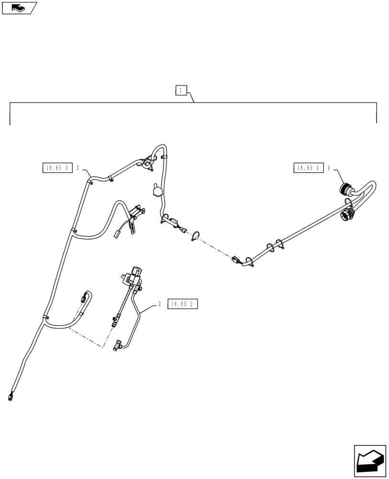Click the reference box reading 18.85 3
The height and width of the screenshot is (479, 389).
pyautogui.click(x=57, y=167)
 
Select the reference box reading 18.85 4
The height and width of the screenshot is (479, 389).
pyautogui.click(x=307, y=167)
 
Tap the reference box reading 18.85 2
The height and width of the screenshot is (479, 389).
pyautogui.click(x=183, y=304)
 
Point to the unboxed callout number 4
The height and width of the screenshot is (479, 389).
pyautogui.click(x=329, y=168)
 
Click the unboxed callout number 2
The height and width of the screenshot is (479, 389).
pyautogui.click(x=159, y=304)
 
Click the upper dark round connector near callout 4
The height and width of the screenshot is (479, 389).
pyautogui.click(x=345, y=189)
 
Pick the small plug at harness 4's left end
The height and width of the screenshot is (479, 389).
pyautogui.click(x=235, y=259)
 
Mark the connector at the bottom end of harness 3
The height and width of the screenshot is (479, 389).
pyautogui.click(x=9, y=397)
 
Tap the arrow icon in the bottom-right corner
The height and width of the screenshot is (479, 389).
pyautogui.click(x=370, y=461)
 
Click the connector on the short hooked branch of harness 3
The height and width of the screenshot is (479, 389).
pyautogui.click(x=85, y=297)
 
